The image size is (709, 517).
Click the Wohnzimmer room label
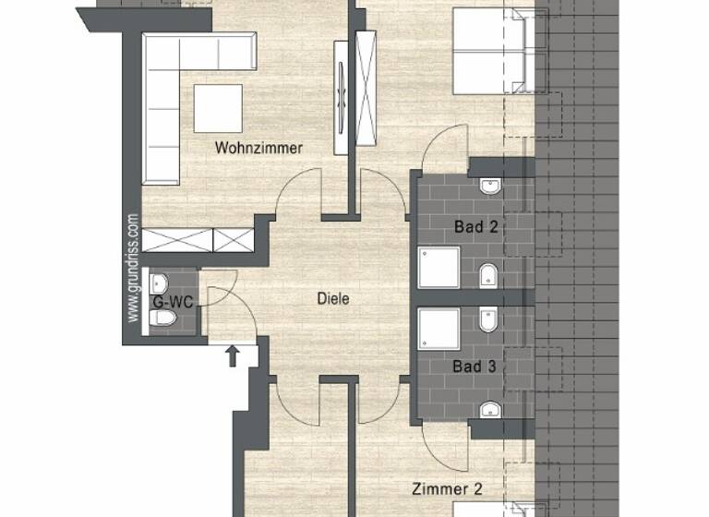(258, 148)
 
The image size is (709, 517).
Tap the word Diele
(332, 299)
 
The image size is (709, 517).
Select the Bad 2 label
(475, 225)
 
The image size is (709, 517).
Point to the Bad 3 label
(475, 367)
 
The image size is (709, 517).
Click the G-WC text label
(172, 301)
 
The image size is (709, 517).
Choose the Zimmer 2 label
(447, 489)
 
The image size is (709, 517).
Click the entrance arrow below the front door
(231, 355)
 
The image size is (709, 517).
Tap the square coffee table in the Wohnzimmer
(218, 107)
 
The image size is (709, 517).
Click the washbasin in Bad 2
(490, 188)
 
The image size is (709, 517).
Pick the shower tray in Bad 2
(440, 267)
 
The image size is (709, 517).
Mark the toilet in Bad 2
(488, 274)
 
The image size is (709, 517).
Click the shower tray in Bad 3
(440, 330)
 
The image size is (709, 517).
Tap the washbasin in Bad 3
(488, 409)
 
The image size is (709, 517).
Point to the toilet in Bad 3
(488, 320)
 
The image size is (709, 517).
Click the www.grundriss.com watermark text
(133, 268)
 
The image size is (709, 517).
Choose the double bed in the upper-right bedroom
(489, 51)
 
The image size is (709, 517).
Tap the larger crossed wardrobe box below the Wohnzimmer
(177, 240)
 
